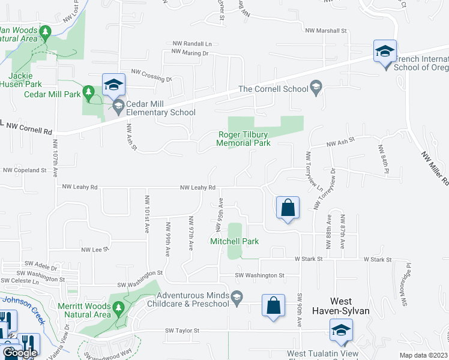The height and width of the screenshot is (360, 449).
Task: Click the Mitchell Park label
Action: coord(234,241)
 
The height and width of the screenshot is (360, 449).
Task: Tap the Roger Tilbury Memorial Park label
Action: coord(244,139)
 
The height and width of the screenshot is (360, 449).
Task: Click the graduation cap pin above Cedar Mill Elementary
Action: coord(112,85)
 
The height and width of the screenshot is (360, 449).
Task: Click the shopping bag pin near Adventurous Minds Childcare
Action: coord(273,305)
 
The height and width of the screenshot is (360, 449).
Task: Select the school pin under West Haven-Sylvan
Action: coord(341,330)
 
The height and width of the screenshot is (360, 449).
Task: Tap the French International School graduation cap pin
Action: coord(385,52)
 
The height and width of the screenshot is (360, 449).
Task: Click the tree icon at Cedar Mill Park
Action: coord(89,91)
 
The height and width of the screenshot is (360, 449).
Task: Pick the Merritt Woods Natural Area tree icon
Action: coord(118,308)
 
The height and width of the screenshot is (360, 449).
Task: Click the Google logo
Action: coord(20,353)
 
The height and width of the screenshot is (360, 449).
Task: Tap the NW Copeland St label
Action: coord(24,170)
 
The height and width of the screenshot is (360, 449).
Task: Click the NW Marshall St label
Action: coord(326,31)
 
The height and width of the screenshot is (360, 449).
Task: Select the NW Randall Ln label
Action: coord(192,44)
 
